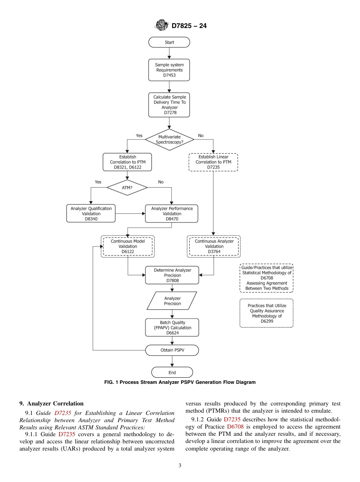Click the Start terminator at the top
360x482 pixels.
click(x=169, y=42)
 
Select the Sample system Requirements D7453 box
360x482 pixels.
click(x=169, y=70)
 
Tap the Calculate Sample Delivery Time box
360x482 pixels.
click(x=169, y=105)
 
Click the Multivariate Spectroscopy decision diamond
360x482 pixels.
click(x=169, y=139)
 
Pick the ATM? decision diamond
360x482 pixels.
click(x=127, y=187)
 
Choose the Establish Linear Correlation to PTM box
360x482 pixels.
click(x=213, y=162)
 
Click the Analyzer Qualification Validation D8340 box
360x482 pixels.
click(x=91, y=214)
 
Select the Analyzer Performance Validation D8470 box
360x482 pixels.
click(x=172, y=214)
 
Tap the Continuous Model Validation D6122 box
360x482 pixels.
click(x=128, y=246)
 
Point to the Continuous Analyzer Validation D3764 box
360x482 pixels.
click(x=214, y=246)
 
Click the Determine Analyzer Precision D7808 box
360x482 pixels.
click(x=172, y=275)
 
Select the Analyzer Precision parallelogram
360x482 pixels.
click(x=172, y=301)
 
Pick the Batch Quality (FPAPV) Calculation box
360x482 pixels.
click(x=172, y=328)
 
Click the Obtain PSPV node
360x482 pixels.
click(x=172, y=350)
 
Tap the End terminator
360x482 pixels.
click(x=172, y=372)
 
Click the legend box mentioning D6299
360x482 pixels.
click(x=266, y=313)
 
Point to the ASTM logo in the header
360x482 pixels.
click(x=161, y=26)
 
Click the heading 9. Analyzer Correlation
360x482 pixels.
click(x=52, y=404)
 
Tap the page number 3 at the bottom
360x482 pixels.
click(x=180, y=466)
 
